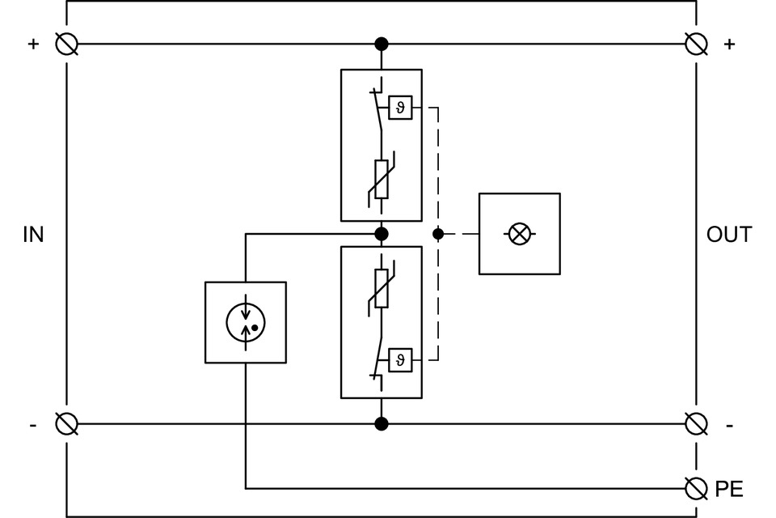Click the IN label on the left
pos(33,235)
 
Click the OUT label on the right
pos(729,235)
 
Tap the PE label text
pos(729,489)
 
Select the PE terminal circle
pos(696,488)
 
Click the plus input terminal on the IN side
pos(67,44)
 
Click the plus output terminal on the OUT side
pos(696,44)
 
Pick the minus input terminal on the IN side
pos(67,423)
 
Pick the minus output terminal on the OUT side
pos(696,423)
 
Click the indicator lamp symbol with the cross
pos(520,234)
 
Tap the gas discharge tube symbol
pos(246,321)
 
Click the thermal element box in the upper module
pos(400,108)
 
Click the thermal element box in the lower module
pos(400,359)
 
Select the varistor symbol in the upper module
pos(382,179)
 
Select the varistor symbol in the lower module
pos(382,289)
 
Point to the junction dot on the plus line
pos(382,44)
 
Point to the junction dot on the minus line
pos(382,423)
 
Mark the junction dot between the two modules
pos(382,234)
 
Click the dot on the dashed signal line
pos(438,234)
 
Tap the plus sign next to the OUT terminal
pos(729,44)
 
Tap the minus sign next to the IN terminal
pos(33,424)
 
